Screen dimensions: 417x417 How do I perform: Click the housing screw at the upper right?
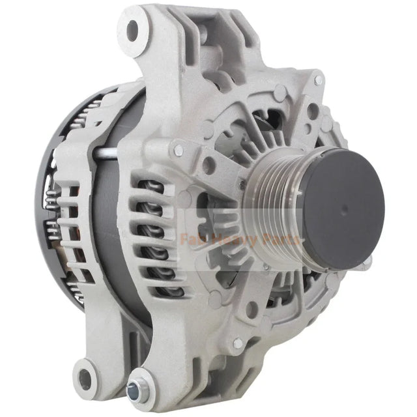(x=318, y=81)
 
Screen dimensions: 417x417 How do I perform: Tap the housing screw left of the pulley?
(x=178, y=151)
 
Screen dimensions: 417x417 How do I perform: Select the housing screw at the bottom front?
(x=238, y=343)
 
